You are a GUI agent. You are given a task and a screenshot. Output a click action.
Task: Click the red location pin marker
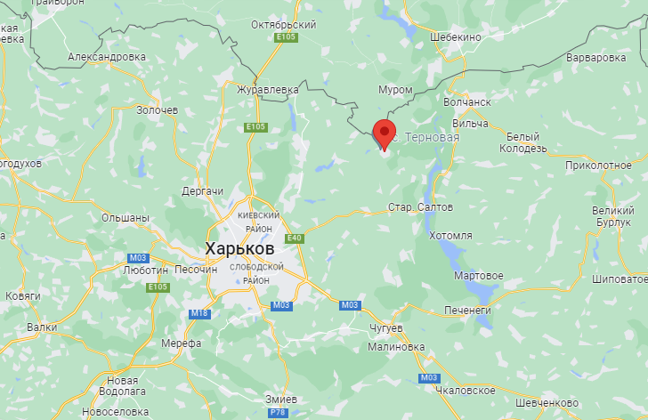pyautogui.click(x=385, y=133)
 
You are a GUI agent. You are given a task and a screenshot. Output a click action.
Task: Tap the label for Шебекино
pyautogui.click(x=455, y=37)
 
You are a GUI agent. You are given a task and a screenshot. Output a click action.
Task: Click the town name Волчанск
pyautogui.click(x=466, y=102)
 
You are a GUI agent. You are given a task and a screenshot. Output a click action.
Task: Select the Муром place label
pyautogui.click(x=395, y=90)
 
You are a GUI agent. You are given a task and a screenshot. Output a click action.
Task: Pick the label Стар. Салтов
pyautogui.click(x=421, y=206)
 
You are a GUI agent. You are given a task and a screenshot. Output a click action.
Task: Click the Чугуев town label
pyautogui.click(x=385, y=328)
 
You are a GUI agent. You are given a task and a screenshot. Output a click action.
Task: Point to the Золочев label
pyautogui.click(x=158, y=109)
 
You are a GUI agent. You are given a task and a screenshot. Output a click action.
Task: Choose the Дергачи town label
pyautogui.click(x=201, y=191)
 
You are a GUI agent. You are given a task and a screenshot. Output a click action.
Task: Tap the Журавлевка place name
pyautogui.click(x=267, y=89)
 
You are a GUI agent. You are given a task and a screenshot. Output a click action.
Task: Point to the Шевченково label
pyautogui.click(x=540, y=401)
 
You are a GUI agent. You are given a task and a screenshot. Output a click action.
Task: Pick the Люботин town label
pyautogui.click(x=146, y=269)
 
